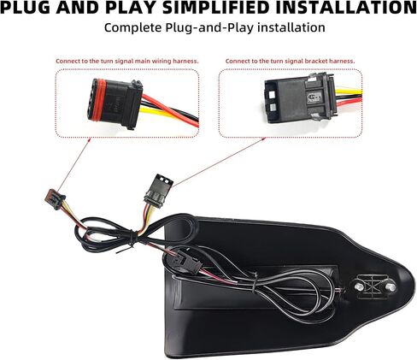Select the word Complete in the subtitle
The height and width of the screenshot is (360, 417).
tap(133, 28)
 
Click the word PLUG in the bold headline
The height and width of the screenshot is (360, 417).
tap(26, 8)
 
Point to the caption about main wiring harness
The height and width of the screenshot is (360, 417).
tap(127, 61)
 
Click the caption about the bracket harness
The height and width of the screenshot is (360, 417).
tap(290, 61)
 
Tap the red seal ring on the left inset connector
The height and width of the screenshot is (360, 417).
tap(99, 100)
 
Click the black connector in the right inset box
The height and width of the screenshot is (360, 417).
tap(300, 97)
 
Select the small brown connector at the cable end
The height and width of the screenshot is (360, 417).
tap(56, 198)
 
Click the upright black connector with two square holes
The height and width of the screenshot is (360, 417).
tap(157, 189)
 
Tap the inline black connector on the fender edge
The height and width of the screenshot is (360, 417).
tap(185, 261)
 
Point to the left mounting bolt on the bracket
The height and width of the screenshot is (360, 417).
tap(360, 286)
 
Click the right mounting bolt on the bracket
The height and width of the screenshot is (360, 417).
tap(391, 287)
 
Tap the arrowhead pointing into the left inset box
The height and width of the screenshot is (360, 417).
tap(89, 139)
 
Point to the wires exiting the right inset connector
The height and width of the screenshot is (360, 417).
tap(349, 99)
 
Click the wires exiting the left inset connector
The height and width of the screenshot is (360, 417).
tap(170, 111)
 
